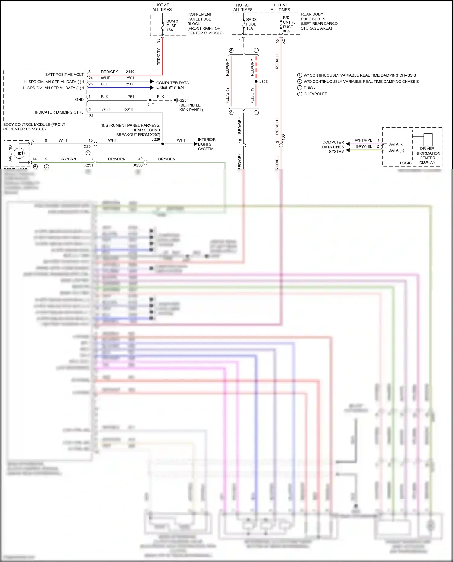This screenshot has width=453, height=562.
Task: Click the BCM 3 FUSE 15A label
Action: [x=172, y=26]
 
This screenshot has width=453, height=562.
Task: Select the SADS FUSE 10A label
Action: [x=251, y=24]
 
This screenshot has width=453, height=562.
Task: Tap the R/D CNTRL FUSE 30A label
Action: [x=289, y=24]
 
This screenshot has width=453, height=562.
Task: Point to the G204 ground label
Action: [x=184, y=100]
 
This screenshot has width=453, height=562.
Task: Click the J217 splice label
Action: [x=150, y=105]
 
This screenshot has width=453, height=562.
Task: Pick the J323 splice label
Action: [x=263, y=82]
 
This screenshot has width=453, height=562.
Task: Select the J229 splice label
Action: [x=156, y=139]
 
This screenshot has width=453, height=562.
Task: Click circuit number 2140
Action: [x=130, y=72]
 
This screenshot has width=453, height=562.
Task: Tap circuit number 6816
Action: [x=129, y=109]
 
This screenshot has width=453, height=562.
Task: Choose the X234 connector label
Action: [x=88, y=146]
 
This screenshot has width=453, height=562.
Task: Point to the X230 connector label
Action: [x=138, y=165]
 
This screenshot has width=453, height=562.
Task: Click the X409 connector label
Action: [x=283, y=139]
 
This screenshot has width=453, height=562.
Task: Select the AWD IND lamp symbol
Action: [x=19, y=153]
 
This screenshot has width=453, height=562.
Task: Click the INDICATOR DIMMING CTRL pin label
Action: [x=59, y=112]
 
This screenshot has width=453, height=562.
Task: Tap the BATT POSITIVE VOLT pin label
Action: [x=64, y=75]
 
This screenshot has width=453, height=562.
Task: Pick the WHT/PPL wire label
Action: [x=363, y=140]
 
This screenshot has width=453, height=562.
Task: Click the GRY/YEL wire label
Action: [x=364, y=146]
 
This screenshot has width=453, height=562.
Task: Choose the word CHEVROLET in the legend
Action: [x=315, y=94]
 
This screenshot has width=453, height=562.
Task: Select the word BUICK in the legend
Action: [x=309, y=88]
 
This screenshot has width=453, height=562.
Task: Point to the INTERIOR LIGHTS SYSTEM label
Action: [x=207, y=144]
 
